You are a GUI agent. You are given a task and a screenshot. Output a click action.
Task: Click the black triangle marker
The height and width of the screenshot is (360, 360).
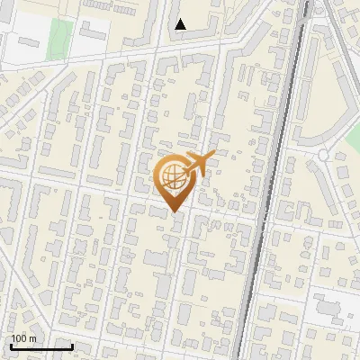(181, 24)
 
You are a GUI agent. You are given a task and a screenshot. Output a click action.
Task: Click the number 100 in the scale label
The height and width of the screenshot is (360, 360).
(18, 338)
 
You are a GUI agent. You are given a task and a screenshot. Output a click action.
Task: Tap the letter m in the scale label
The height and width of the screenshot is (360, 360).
(32, 338)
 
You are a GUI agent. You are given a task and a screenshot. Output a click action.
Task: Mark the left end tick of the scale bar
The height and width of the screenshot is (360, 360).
(11, 346)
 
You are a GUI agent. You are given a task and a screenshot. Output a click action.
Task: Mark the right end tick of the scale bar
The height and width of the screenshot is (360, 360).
(72, 346)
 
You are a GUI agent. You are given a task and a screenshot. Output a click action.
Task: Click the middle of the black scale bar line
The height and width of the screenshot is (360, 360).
(41, 347)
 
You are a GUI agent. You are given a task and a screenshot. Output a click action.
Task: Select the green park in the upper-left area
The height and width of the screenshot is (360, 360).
(60, 37)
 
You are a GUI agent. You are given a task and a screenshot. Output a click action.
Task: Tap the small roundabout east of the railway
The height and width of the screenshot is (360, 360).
(321, 155)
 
